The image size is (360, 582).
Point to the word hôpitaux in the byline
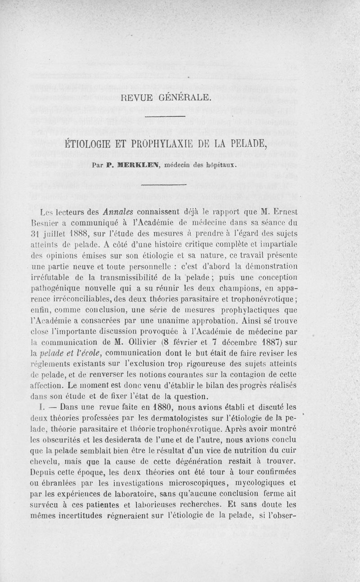(218, 165)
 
